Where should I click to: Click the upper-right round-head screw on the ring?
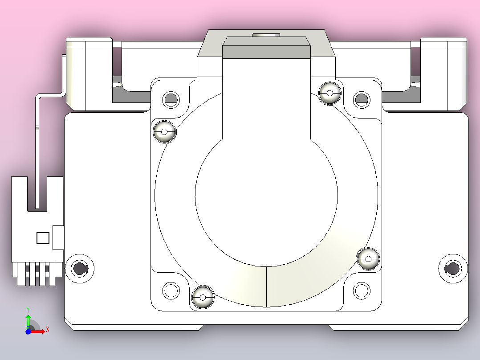(x=330, y=93)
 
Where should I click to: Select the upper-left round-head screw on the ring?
(x=164, y=132)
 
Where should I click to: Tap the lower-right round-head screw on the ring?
(x=368, y=258)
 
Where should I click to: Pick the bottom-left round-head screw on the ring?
(x=203, y=297)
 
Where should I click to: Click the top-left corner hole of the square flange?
(x=171, y=99)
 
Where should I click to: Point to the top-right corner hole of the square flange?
(x=362, y=99)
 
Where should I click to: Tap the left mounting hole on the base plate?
(x=80, y=268)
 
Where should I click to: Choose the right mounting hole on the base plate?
(x=453, y=268)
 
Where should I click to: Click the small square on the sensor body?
(x=43, y=238)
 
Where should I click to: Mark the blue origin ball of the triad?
(x=28, y=331)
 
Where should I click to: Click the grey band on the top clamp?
(x=266, y=52)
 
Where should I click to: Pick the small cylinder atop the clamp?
(x=266, y=34)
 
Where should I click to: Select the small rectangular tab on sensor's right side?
(x=58, y=237)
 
